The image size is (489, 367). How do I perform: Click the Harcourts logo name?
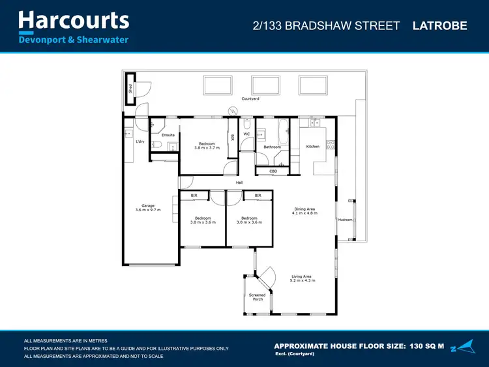point(73,20)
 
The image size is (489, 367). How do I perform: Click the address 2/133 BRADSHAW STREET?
point(326,26)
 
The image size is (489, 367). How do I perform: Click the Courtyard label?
point(250,98)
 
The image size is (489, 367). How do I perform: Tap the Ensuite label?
point(168,135)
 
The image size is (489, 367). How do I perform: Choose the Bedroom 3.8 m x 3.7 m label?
point(207,145)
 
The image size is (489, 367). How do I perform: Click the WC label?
point(246,134)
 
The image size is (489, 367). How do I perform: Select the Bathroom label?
point(272,147)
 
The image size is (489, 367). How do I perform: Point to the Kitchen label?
point(313,147)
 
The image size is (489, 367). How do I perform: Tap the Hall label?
point(239,183)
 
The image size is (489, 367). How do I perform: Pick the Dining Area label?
point(304,211)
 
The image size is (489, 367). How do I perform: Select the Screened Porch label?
point(258,297)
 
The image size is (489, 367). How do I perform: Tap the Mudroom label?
point(345,220)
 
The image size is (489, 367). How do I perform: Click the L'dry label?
point(140,141)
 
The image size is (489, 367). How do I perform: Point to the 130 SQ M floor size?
point(426,345)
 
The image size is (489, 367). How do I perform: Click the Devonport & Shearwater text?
point(73,40)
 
